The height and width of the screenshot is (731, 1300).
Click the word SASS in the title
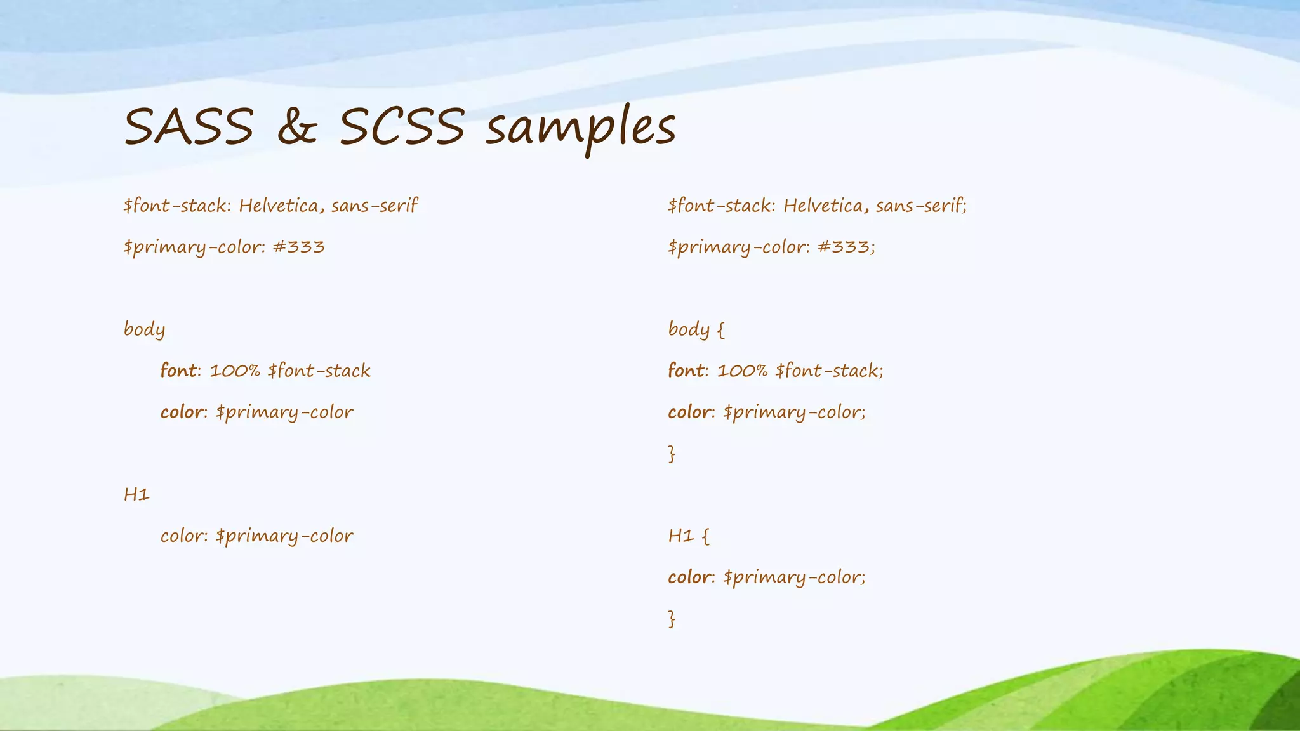click(189, 126)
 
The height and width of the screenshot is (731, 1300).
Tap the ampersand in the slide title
click(296, 128)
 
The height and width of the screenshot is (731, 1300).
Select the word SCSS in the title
click(402, 126)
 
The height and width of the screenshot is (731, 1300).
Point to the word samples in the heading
click(580, 129)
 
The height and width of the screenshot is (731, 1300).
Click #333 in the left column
click(298, 247)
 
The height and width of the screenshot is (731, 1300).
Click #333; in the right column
click(846, 247)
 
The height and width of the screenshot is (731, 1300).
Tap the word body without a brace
click(144, 329)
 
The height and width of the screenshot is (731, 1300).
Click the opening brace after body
click(720, 330)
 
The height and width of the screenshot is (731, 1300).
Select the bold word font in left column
click(178, 371)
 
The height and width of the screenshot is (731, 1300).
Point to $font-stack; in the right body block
click(829, 371)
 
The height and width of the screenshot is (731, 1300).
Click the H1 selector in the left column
click(136, 494)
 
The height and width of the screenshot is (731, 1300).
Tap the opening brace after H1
click(706, 536)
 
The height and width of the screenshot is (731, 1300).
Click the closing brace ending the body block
click(672, 454)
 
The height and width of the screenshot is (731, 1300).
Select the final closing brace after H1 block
click(672, 619)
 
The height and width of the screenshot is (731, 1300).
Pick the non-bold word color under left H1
click(182, 536)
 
